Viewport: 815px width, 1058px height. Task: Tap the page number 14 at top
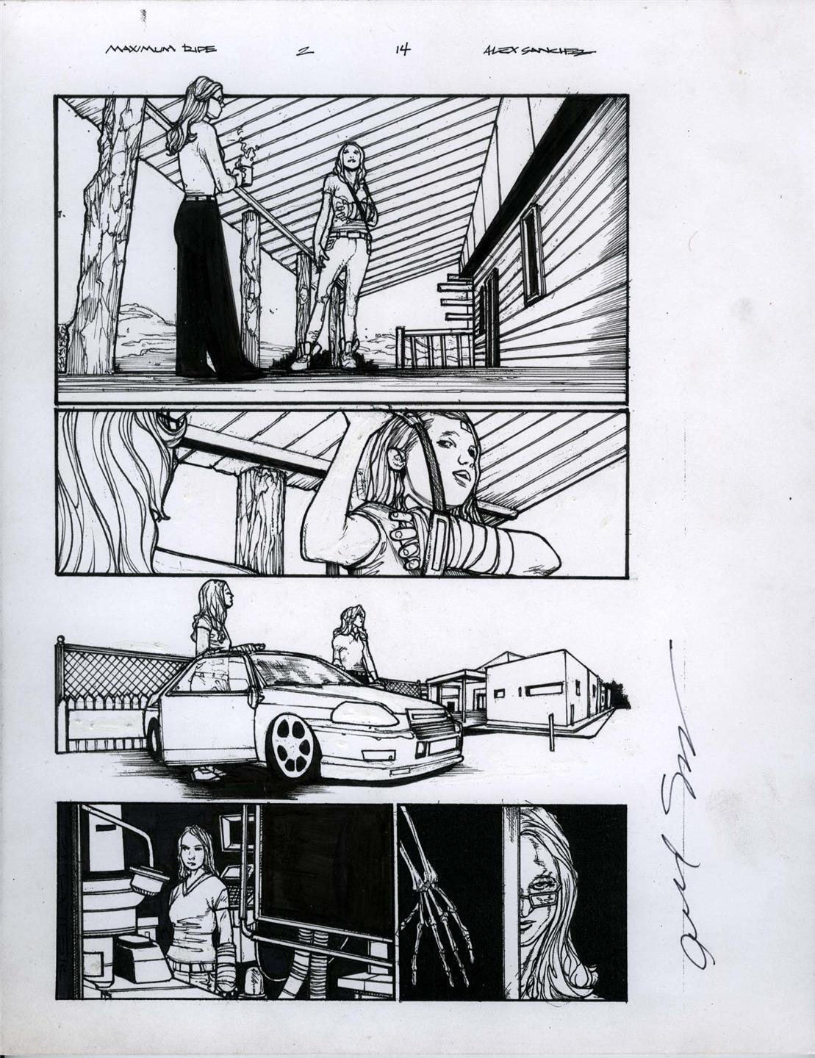[402, 51]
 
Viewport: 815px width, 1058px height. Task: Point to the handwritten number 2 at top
[301, 51]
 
